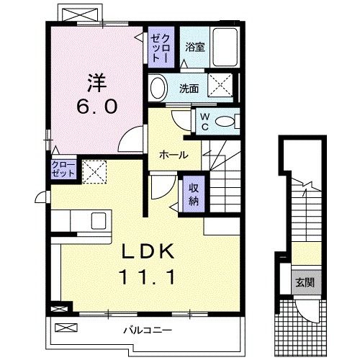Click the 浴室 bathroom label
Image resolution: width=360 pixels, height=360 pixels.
click(x=194, y=48)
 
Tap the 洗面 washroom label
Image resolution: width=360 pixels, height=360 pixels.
click(x=189, y=89)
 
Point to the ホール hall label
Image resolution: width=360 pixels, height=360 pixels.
click(x=174, y=155)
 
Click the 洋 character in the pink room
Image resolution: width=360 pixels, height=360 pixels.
click(x=98, y=79)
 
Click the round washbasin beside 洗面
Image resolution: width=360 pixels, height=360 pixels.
click(x=158, y=89)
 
